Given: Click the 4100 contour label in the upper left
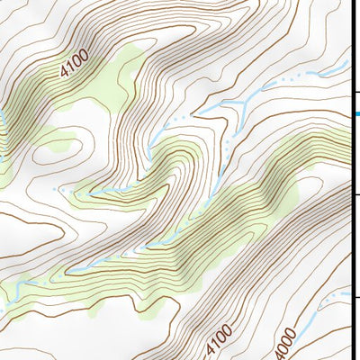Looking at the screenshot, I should click(x=76, y=68).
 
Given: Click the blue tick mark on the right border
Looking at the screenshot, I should click(x=355, y=113).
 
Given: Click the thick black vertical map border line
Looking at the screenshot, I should click(x=351, y=180).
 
